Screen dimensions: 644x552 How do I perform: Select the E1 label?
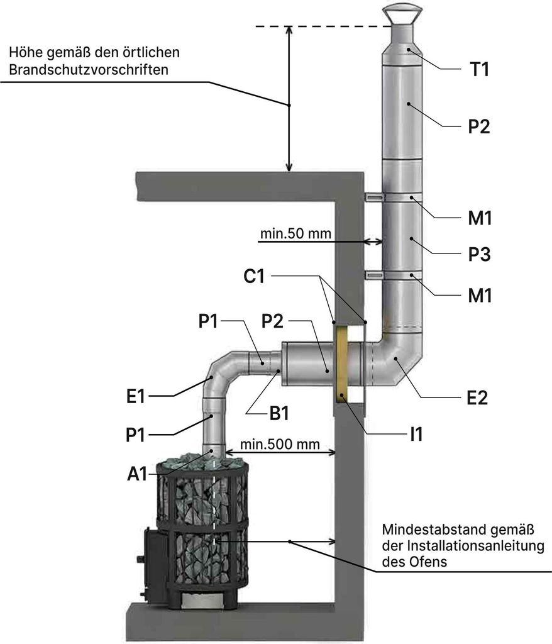(136, 397)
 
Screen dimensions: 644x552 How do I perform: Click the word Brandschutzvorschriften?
(88, 70)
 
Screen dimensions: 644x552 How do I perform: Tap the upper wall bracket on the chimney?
(374, 197)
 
